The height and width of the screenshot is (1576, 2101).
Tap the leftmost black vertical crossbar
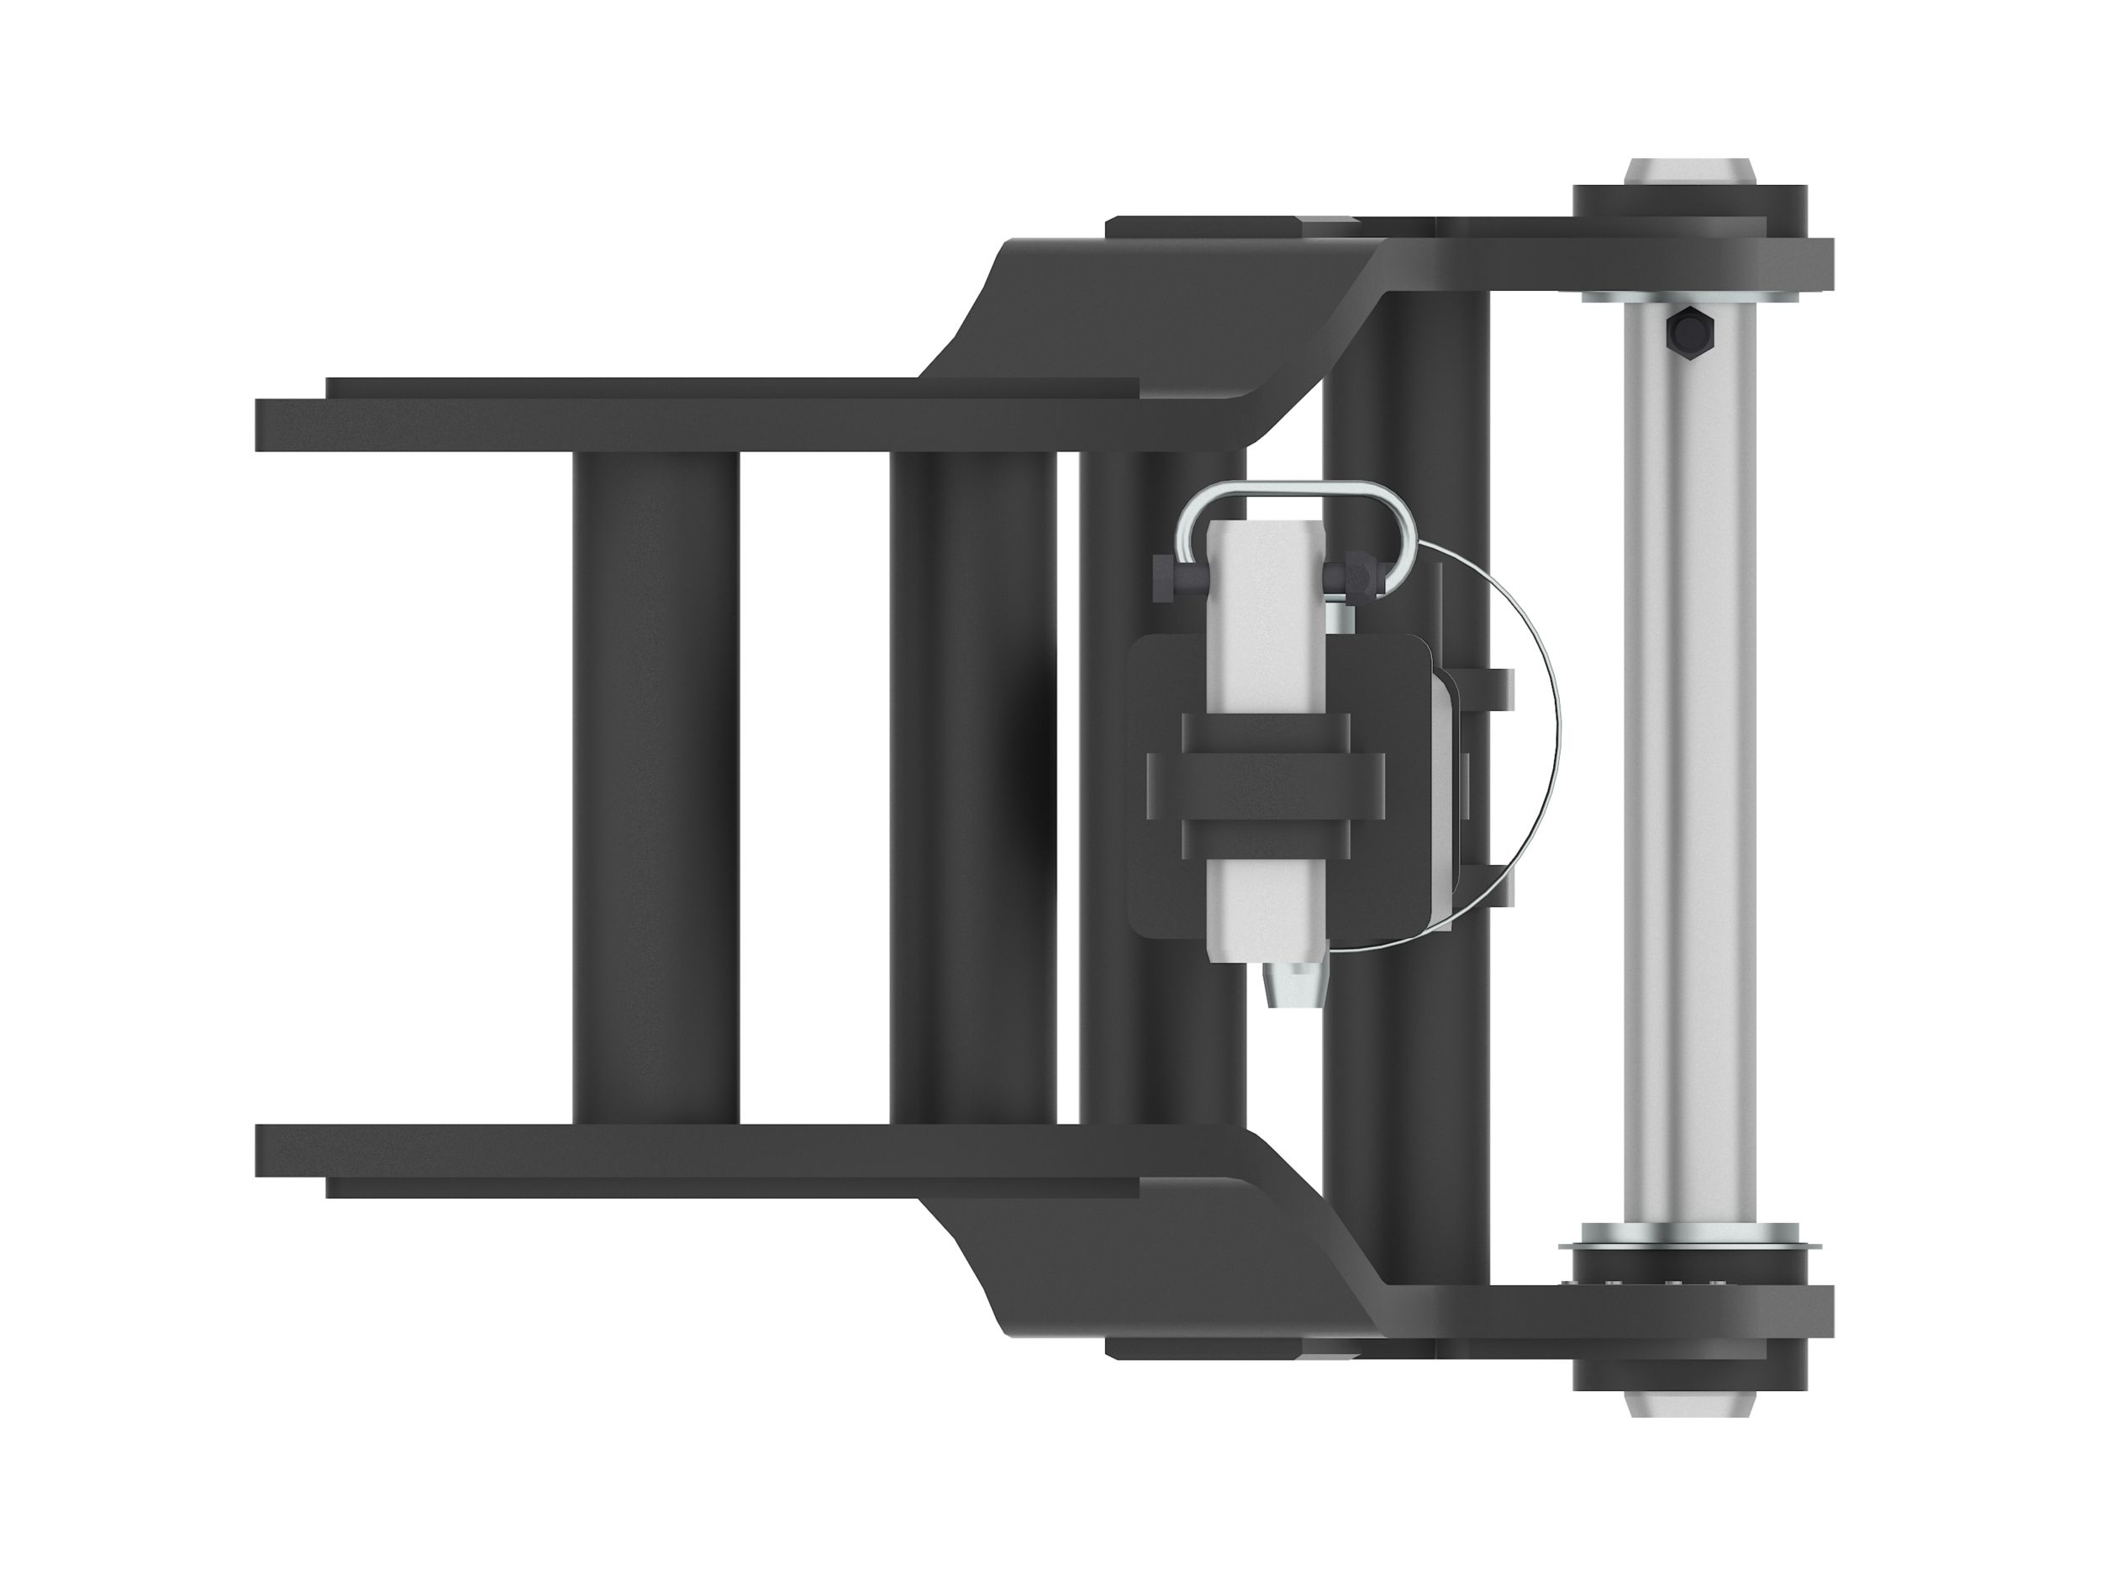(x=656, y=788)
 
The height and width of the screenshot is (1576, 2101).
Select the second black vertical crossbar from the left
(x=972, y=788)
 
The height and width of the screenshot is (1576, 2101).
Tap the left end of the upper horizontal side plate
(x=285, y=424)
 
